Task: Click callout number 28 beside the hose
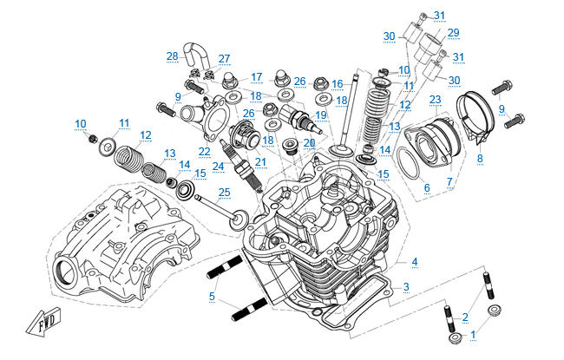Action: [172, 56]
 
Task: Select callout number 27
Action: [225, 59]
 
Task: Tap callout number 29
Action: [453, 33]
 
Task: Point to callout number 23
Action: [435, 99]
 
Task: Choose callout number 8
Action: [480, 159]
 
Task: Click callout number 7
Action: [449, 181]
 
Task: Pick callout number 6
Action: [426, 187]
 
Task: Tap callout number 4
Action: [415, 262]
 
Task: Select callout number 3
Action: [406, 286]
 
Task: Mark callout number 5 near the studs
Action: [211, 297]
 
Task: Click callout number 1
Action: [473, 333]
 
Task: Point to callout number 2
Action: [465, 317]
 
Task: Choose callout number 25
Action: [224, 192]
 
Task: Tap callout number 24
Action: [219, 167]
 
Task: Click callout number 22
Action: [205, 151]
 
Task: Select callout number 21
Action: [260, 161]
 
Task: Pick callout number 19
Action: [320, 115]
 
